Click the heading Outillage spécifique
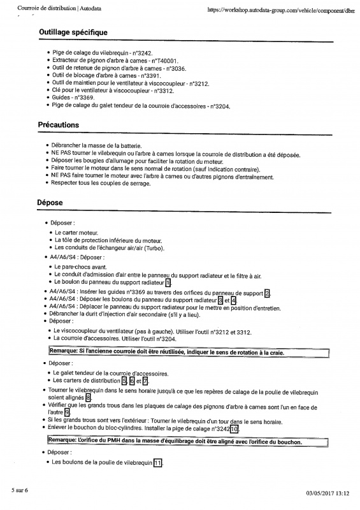coord(73,33)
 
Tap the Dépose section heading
coord(50,202)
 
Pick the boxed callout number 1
coord(168,282)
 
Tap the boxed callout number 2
coord(268,293)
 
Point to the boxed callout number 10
coord(234,428)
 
